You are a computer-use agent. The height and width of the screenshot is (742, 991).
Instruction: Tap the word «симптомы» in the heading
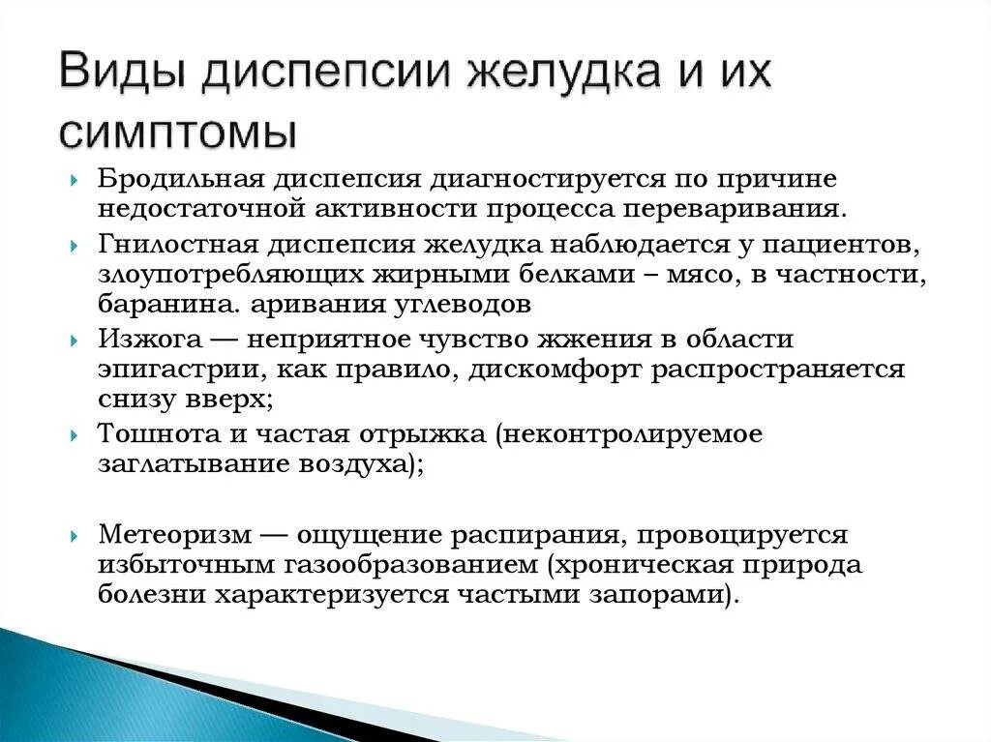click(x=177, y=133)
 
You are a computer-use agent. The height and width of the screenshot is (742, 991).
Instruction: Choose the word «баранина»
click(x=164, y=304)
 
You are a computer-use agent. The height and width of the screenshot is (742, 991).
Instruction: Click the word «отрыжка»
click(x=430, y=435)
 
